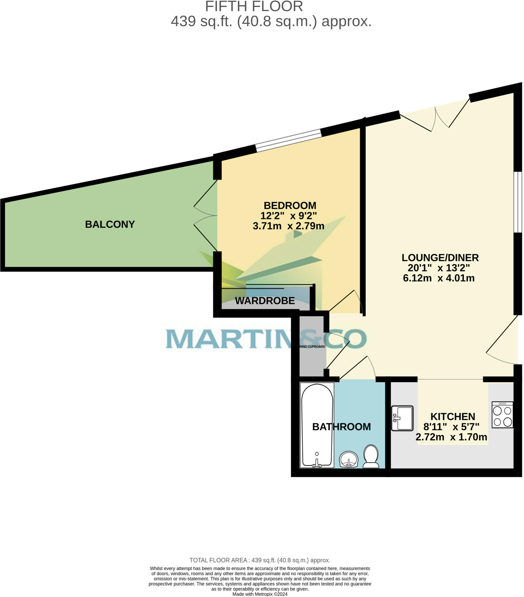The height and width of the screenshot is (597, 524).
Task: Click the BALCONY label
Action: click(110, 224)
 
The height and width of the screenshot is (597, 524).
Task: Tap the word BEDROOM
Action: click(290, 205)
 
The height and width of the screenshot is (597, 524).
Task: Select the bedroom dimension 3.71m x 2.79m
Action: click(288, 226)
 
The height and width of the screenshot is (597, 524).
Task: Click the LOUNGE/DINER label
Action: click(440, 258)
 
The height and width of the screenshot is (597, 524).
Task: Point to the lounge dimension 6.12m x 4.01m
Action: click(438, 278)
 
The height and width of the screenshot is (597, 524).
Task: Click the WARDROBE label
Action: click(265, 301)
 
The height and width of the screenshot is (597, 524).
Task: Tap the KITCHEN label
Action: click(452, 417)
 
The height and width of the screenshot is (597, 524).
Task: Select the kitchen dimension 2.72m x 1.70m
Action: click(451, 437)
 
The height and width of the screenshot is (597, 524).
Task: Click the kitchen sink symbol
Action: click(402, 418)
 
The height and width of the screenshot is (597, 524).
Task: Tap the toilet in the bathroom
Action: click(371, 456)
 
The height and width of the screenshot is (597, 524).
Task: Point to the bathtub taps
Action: click(317, 463)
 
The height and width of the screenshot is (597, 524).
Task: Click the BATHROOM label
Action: click(341, 427)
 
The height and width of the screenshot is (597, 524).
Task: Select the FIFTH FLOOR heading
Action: click(254, 6)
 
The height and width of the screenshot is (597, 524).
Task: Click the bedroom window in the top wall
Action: click(288, 140)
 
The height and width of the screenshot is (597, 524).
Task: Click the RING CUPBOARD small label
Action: click(312, 347)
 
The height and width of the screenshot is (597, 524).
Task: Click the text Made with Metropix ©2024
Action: click(260, 594)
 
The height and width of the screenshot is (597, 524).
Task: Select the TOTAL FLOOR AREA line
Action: click(260, 560)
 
